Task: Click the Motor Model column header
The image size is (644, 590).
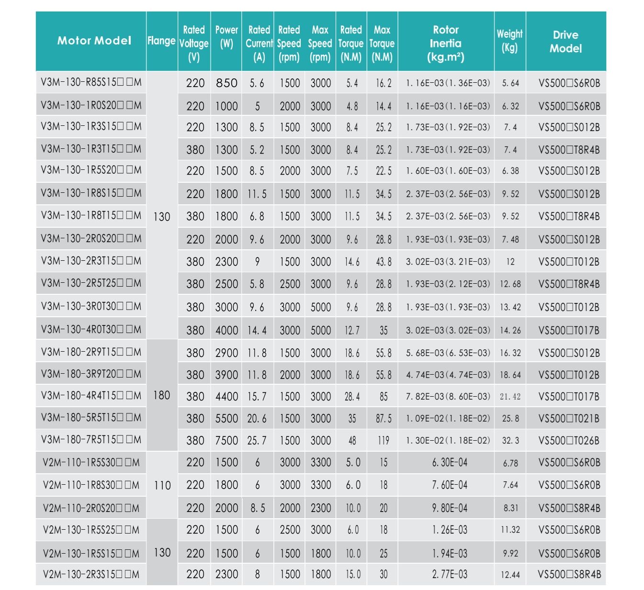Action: [x=94, y=41]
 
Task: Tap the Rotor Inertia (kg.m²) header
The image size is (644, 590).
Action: [x=445, y=44]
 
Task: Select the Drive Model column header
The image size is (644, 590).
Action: [x=565, y=42]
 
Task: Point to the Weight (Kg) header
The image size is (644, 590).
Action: [x=509, y=41]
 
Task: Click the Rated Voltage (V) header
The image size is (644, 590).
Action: [x=193, y=44]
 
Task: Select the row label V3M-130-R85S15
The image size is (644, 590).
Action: [x=91, y=82]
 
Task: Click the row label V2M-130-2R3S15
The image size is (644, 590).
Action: [x=91, y=574]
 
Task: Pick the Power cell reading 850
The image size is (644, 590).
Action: [x=226, y=83]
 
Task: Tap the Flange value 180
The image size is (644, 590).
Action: [x=162, y=395]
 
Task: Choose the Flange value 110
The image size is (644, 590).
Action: [x=162, y=485]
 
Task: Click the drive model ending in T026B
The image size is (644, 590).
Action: [x=569, y=440]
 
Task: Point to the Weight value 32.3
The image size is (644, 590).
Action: [x=510, y=440]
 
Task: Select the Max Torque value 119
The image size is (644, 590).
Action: [x=384, y=440]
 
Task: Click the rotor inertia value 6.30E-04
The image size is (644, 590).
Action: [x=450, y=463]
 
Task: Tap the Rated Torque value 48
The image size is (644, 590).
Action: [x=352, y=440]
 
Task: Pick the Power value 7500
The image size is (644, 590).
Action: [x=226, y=440]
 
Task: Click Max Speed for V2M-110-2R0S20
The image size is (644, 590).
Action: [x=320, y=508]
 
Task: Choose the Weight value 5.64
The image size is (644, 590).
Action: [x=510, y=83]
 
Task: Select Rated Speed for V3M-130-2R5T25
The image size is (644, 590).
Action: [x=290, y=284]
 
